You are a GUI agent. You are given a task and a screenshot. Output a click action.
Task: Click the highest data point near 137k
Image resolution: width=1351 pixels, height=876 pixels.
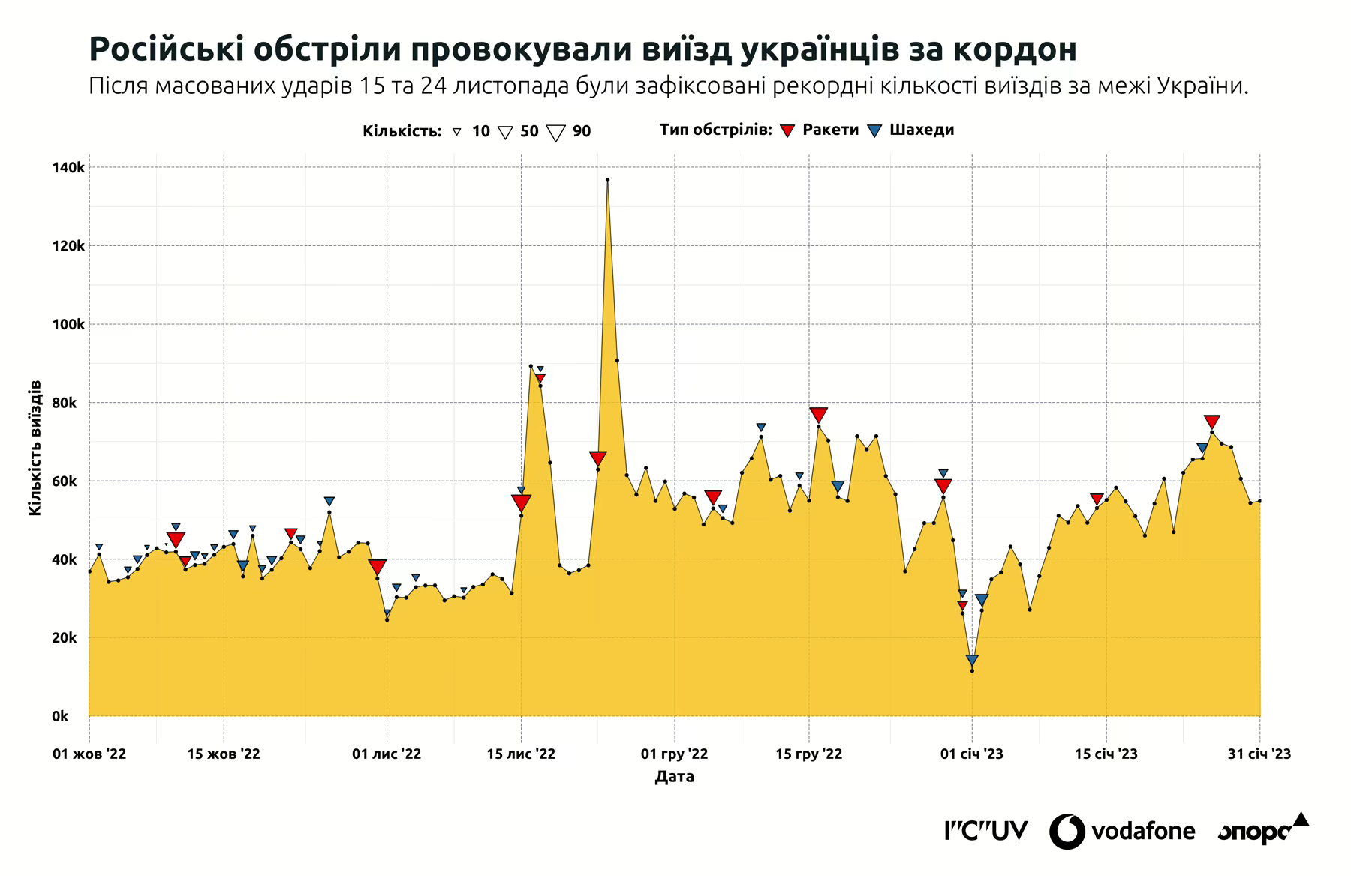point(607,180)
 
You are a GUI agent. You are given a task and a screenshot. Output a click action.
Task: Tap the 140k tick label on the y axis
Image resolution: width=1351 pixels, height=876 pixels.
point(68,168)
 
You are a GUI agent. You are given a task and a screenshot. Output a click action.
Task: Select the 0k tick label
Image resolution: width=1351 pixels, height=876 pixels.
point(60,716)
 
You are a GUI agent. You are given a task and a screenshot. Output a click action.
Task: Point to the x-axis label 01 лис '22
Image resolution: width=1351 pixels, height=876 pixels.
point(387,754)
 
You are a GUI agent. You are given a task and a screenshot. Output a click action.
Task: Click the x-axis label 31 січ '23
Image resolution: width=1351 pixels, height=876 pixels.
point(1259,754)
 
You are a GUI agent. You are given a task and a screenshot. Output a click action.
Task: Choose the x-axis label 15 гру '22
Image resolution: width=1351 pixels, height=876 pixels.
point(808,754)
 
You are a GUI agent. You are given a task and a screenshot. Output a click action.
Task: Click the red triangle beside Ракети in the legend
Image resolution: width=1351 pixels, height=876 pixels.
point(787,131)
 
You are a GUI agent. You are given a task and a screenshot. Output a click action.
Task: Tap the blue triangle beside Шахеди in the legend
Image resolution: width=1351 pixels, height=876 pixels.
point(874,131)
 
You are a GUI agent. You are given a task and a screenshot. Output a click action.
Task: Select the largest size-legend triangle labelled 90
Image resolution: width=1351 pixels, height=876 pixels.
point(555,133)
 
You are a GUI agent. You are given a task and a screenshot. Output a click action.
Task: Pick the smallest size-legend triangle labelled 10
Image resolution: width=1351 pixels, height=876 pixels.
point(456,132)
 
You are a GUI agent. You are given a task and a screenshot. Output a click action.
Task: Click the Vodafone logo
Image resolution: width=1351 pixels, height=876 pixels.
point(1122,831)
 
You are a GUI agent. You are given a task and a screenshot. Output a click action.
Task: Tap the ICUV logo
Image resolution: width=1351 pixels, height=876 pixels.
point(985,831)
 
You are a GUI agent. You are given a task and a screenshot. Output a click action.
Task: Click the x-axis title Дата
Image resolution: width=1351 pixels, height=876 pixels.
point(674,777)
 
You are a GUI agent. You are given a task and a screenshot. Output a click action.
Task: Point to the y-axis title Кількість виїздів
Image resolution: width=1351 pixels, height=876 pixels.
point(35,448)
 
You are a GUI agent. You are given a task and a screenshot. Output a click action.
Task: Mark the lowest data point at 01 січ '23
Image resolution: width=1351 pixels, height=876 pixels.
point(972,670)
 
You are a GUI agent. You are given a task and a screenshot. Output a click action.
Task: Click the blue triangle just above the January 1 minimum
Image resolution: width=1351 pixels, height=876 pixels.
point(972,661)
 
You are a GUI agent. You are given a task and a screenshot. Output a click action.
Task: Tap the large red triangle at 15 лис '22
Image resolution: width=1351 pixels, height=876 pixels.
point(521,502)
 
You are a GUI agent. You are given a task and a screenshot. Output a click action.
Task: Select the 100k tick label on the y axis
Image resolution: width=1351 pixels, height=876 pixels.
point(68,325)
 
